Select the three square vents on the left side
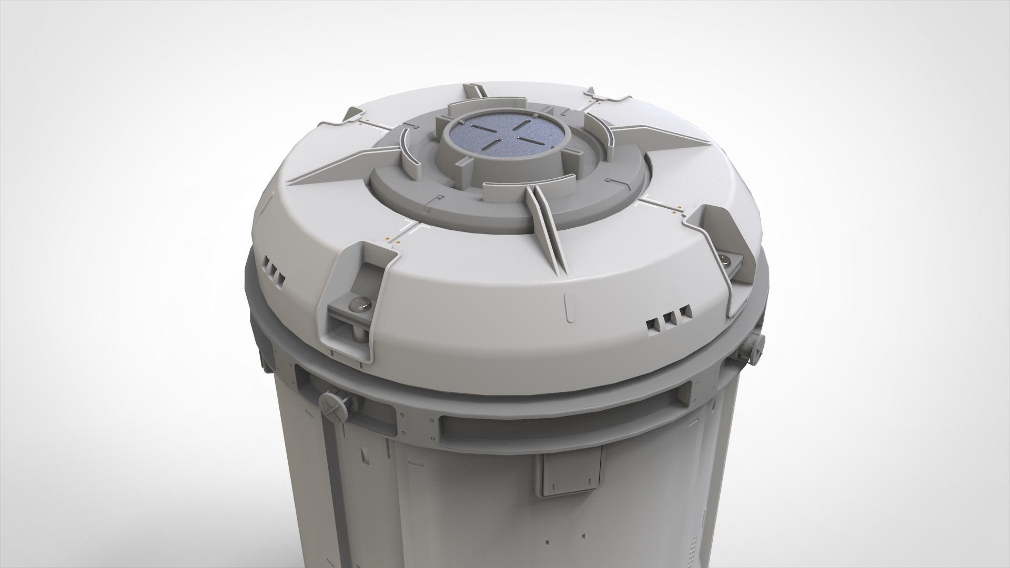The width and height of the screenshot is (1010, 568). point(273,270)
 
